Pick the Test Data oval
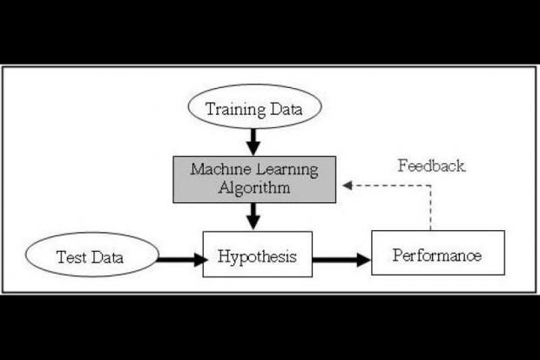(x=91, y=256)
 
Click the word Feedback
(x=431, y=166)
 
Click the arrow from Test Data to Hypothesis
(x=179, y=258)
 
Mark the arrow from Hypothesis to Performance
(x=341, y=258)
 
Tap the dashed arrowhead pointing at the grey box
(x=348, y=185)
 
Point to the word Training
(x=233, y=109)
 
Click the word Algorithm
(x=253, y=187)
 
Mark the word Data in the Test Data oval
(x=108, y=257)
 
